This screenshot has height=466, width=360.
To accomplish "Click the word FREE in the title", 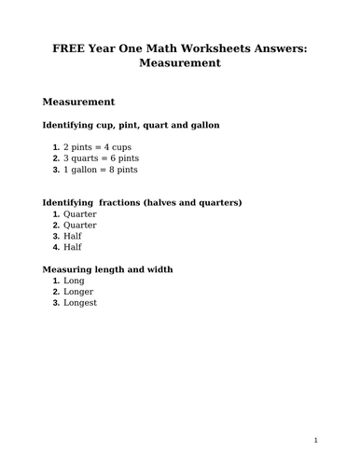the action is click(x=66, y=48).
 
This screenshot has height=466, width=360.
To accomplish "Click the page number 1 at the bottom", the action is click(x=315, y=440).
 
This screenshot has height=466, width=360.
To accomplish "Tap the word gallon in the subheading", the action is click(x=202, y=124).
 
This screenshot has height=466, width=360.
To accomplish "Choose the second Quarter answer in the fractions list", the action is click(x=79, y=225).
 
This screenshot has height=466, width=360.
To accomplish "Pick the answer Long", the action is click(x=74, y=281).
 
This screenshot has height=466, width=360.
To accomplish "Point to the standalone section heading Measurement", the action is click(x=78, y=101).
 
